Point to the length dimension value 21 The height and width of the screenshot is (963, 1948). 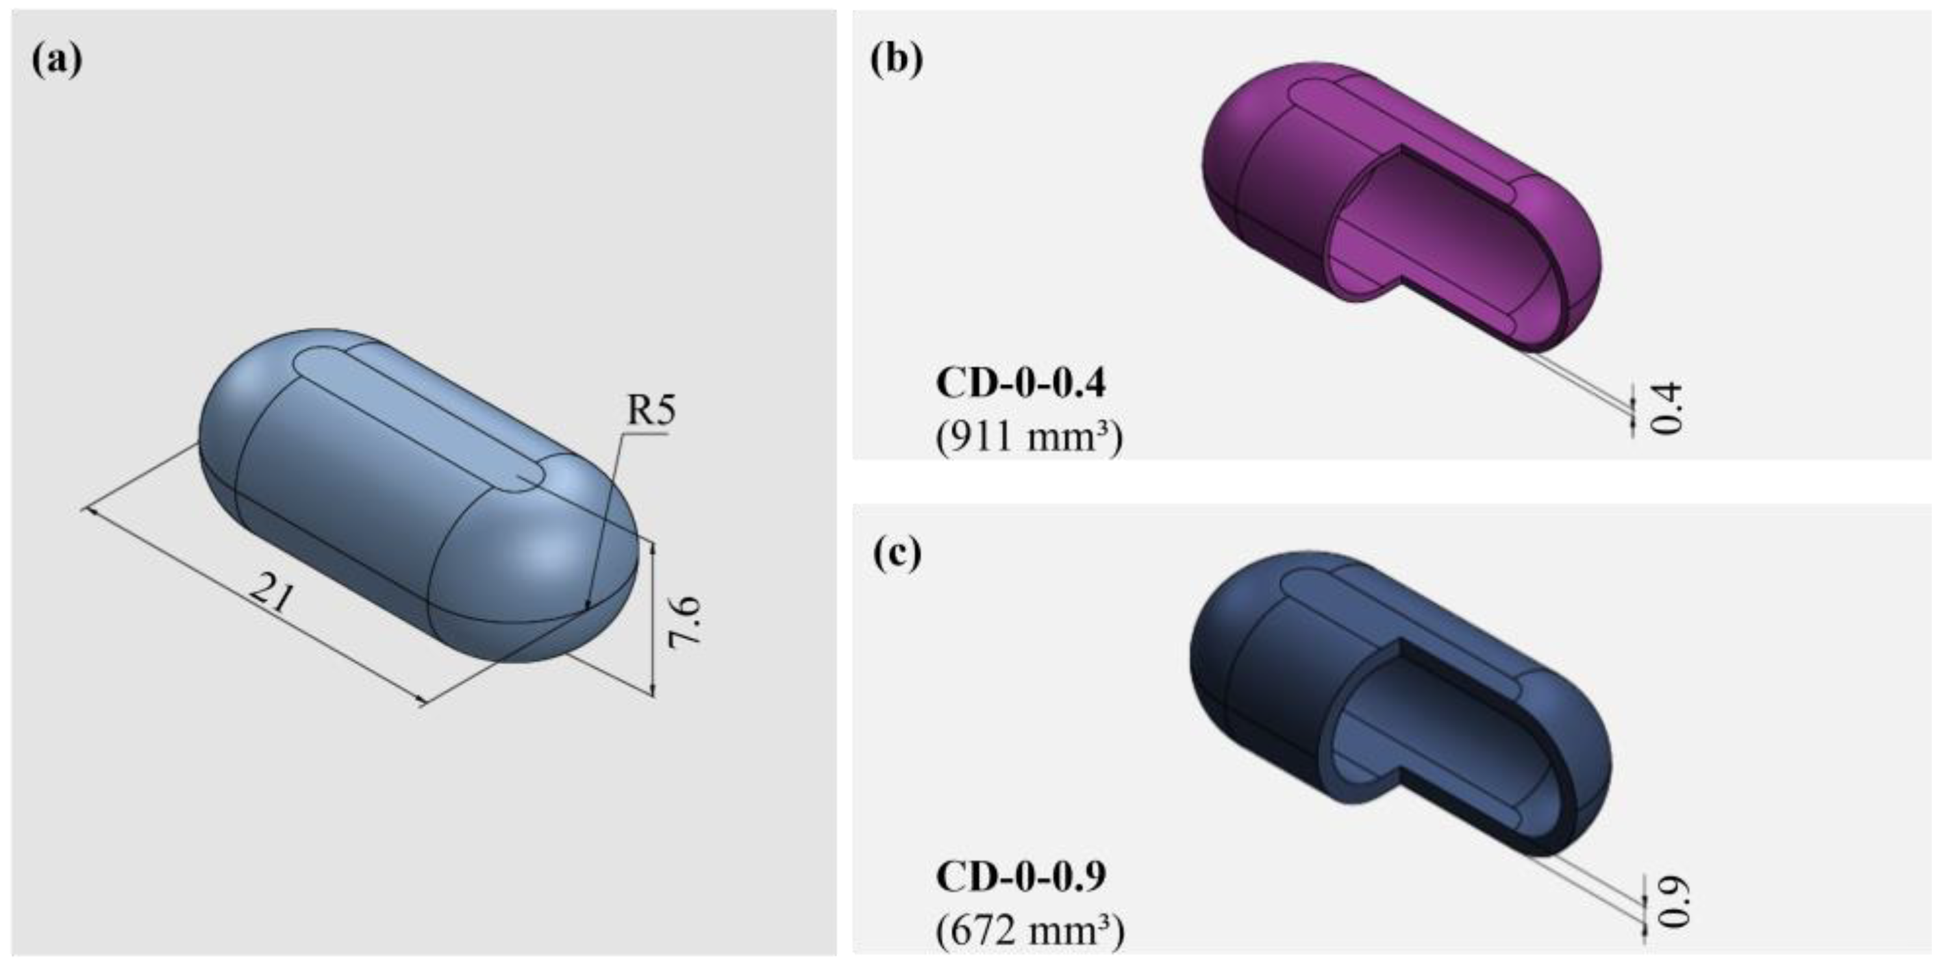271,592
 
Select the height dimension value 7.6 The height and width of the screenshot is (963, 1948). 685,622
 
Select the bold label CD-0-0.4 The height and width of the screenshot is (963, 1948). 1021,384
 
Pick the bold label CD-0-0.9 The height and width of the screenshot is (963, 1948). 1021,877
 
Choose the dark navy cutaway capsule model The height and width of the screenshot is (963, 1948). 1271,681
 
